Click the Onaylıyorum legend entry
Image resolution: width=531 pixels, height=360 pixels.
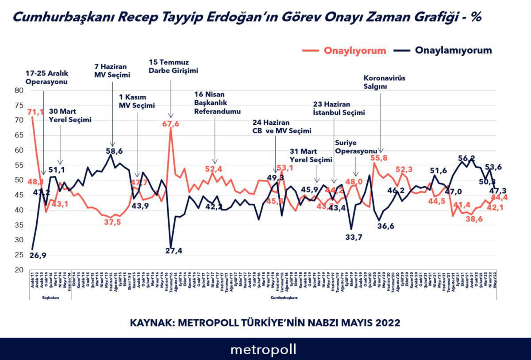tap(355, 50)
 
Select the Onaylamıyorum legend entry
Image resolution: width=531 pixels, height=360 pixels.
tap(453, 50)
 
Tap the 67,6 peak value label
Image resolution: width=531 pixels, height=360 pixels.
tap(170, 124)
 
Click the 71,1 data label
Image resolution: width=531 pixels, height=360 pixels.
tap(36, 112)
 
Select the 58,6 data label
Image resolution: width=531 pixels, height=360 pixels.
tap(114, 151)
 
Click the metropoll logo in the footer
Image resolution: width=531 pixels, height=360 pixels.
tap(263, 349)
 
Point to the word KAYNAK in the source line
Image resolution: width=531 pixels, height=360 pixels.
tap(151, 323)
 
